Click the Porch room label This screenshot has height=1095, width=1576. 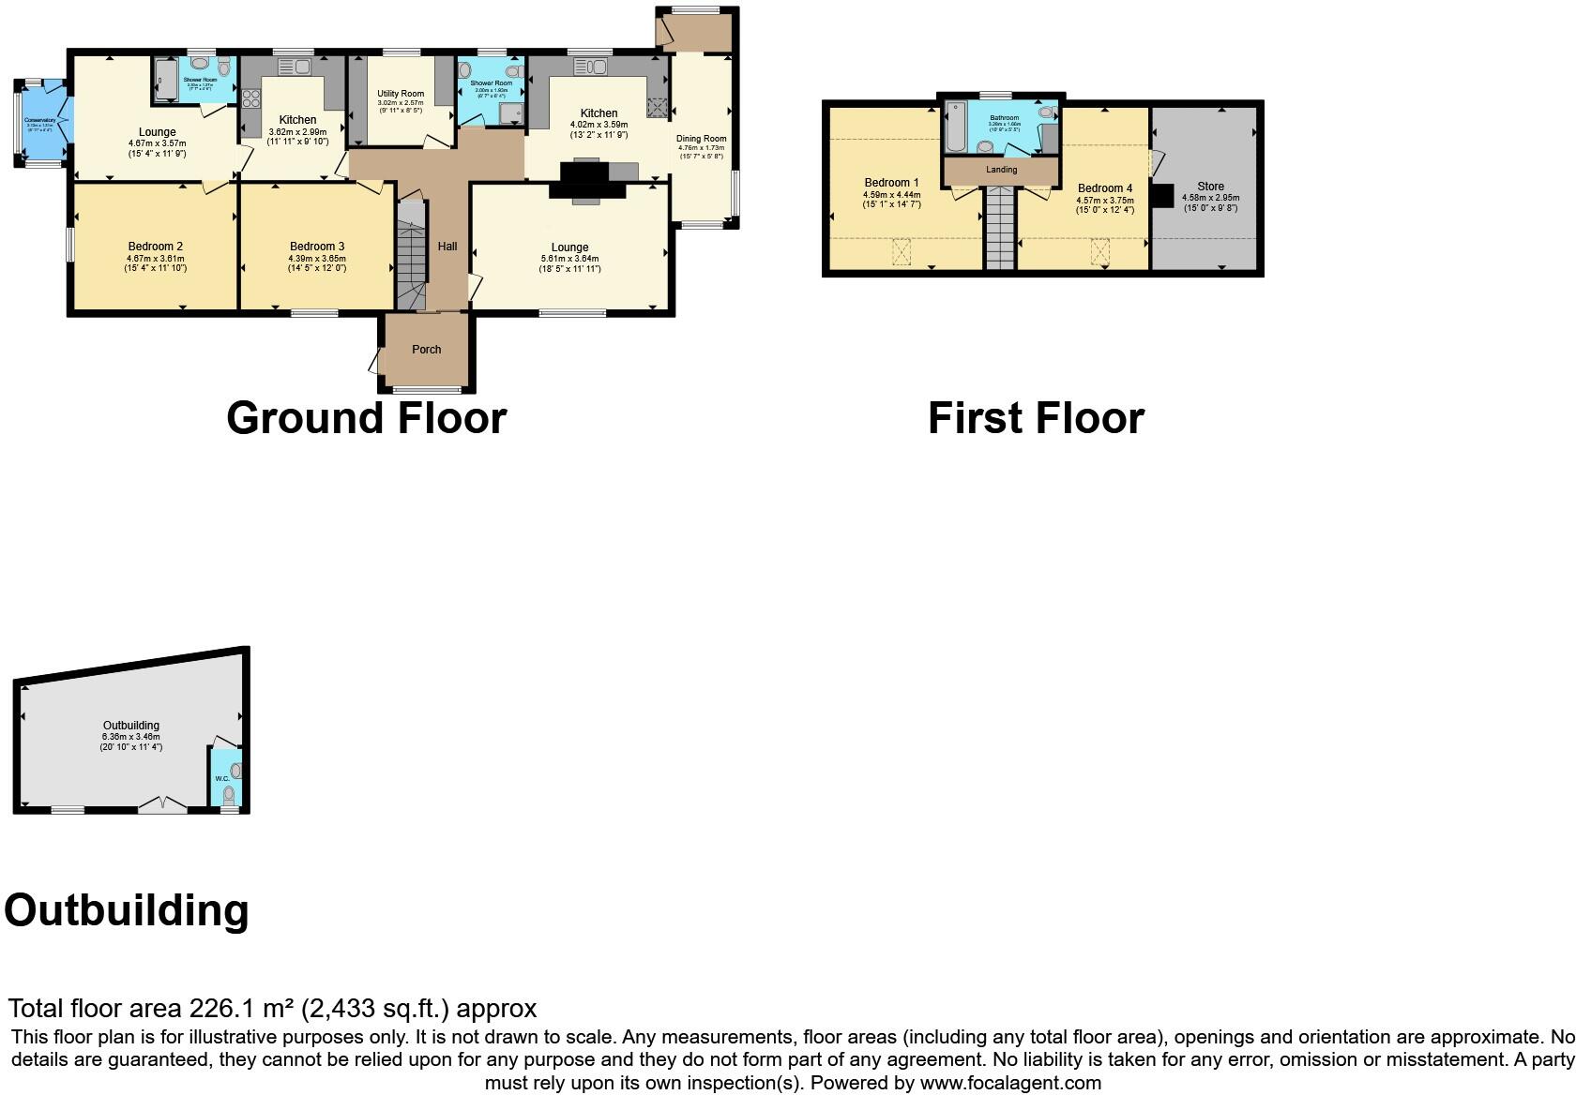[x=426, y=350]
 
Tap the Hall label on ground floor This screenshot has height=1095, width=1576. [x=447, y=247]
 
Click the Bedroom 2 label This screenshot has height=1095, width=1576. [x=155, y=247]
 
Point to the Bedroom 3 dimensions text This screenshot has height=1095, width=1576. [x=316, y=263]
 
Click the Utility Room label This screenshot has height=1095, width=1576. [x=401, y=94]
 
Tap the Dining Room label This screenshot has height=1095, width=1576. [x=702, y=139]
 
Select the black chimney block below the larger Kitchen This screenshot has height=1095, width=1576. [x=587, y=179]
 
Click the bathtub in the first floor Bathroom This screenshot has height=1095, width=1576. [x=954, y=127]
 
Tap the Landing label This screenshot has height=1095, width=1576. [x=1002, y=170]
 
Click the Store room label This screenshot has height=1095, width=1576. [x=1210, y=187]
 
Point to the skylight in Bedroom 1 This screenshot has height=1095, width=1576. [x=902, y=252]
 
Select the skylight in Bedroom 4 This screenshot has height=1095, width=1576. [x=1099, y=252]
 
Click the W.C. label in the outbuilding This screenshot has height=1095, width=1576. [x=221, y=778]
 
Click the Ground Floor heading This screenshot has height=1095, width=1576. [x=367, y=418]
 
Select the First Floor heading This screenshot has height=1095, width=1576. [x=1036, y=418]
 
